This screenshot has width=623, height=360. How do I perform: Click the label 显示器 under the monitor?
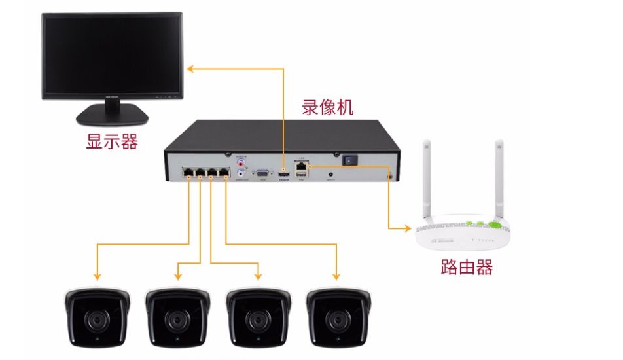(112, 141)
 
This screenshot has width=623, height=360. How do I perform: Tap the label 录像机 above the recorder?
(328, 107)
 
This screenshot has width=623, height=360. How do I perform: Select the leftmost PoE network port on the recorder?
(188, 173)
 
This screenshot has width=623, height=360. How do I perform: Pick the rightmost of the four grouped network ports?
(224, 173)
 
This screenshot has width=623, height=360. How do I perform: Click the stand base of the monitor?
(111, 117)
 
